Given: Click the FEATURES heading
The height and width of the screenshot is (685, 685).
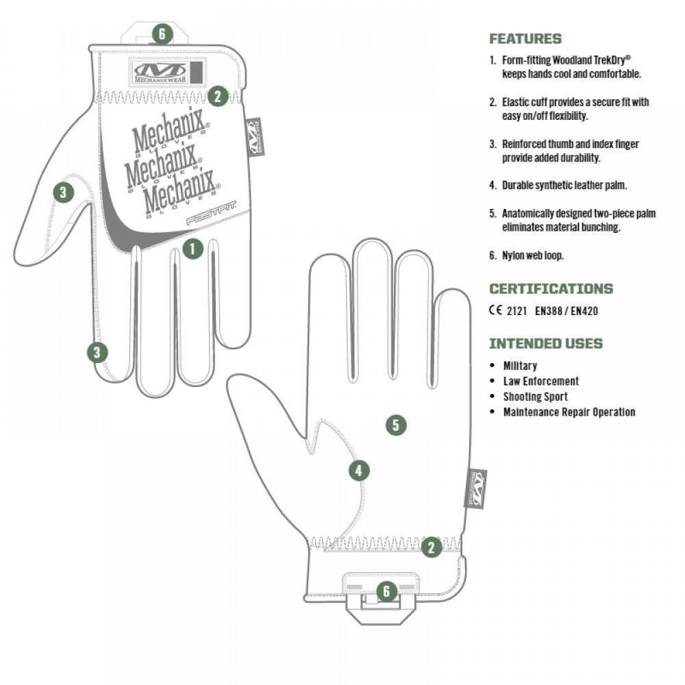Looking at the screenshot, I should coord(525,39).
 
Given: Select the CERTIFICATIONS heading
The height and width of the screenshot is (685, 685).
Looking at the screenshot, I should coord(551,288).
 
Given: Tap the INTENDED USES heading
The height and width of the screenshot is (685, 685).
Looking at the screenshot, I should coord(546,343).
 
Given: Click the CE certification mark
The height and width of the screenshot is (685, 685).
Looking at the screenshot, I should coord(495,310).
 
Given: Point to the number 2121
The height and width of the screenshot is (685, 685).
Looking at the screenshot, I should coord(516,310).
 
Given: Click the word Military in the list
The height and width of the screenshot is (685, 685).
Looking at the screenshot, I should coord(520,366).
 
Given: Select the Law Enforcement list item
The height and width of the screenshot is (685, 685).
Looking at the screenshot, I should coord(540,381).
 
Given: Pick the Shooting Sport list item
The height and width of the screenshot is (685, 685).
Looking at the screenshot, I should coord(535,397).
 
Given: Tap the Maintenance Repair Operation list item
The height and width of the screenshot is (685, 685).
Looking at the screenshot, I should coord(569,412).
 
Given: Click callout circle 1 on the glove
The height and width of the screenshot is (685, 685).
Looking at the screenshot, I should coord(193,249).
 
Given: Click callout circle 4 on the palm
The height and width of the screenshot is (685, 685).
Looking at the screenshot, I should coord(359,471).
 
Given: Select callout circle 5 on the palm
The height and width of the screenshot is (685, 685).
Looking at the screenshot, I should coord(395,425).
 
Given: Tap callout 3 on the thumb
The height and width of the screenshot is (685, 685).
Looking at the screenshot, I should coord(63,192).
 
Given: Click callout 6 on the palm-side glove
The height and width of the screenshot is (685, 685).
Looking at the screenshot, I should coord(386,591).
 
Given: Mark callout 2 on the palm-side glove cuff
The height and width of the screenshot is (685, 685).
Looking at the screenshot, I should coord(431,547).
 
